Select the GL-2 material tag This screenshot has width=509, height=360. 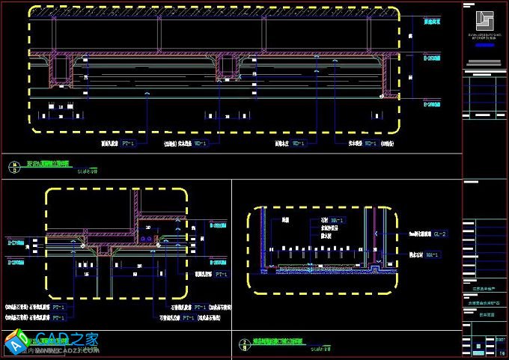[439, 234]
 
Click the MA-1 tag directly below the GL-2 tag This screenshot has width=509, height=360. [432, 255]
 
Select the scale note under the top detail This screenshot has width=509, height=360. [88, 171]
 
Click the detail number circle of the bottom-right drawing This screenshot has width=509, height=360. [244, 344]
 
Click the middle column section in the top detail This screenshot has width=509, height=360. [227, 67]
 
